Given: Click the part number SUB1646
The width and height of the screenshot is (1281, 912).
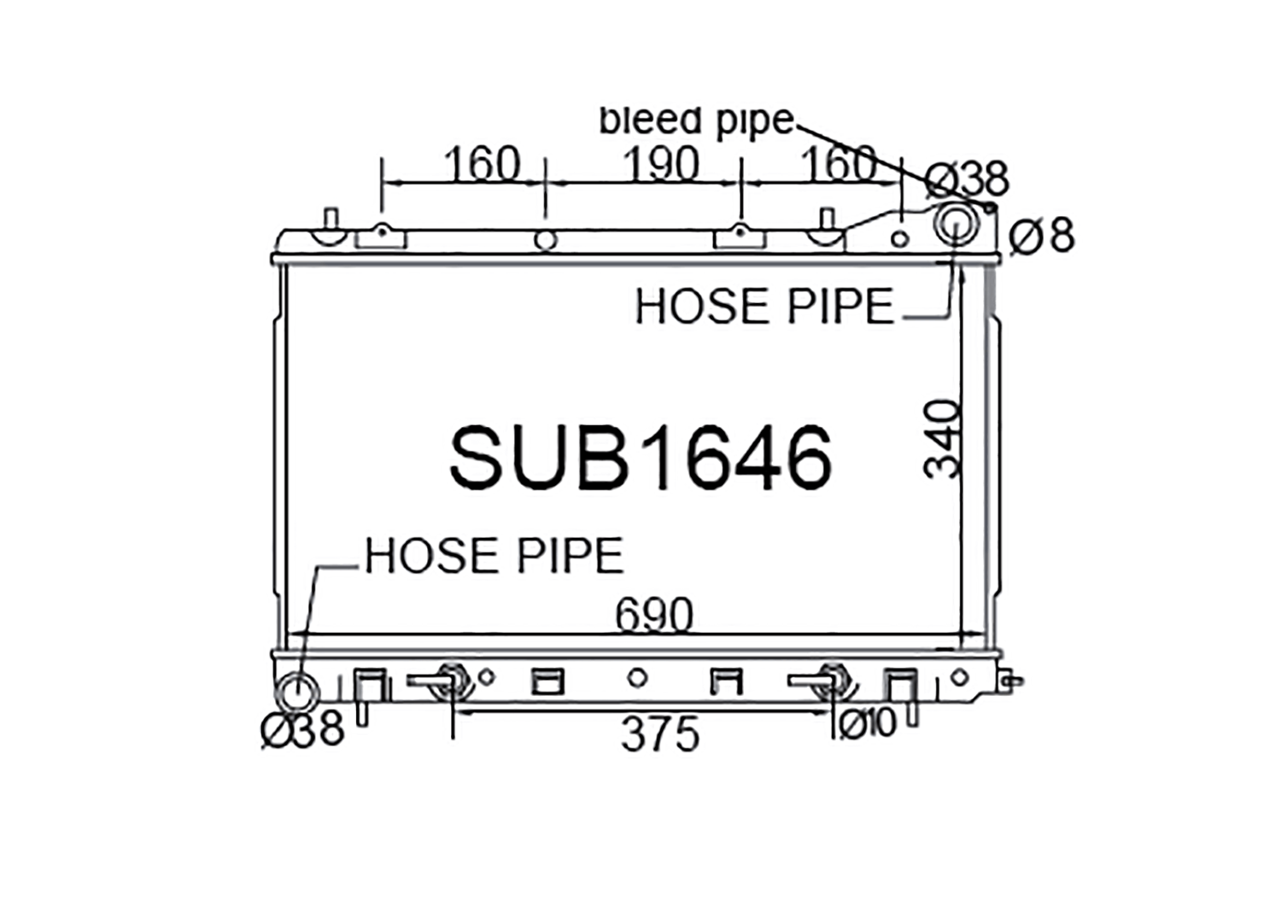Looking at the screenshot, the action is (640, 458).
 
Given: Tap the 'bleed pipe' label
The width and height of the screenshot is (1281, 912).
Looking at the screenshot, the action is (697, 121).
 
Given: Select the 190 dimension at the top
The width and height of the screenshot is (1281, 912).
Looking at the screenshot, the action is (660, 164).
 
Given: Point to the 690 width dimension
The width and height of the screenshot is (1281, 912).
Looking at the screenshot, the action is (654, 614).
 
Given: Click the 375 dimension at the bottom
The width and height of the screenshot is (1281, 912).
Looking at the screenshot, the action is (660, 734).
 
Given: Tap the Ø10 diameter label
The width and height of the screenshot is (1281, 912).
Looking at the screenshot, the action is (867, 724).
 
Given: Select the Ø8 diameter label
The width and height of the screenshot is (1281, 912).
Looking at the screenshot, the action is (1042, 236).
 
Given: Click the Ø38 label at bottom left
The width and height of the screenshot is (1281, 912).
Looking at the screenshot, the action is (303, 728).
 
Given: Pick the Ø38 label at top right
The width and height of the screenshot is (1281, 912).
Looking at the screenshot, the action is (968, 178).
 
